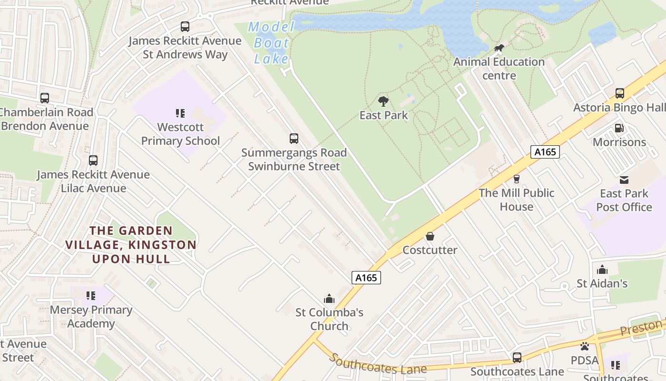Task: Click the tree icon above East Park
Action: tap(383, 101)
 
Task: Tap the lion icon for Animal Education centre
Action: tap(499, 48)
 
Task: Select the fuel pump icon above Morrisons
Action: tap(619, 128)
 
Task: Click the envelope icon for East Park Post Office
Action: tap(624, 180)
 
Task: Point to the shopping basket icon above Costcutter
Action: tap(430, 236)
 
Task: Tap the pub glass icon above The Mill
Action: tap(516, 179)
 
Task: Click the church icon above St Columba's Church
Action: tap(329, 299)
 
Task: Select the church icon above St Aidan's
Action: tap(602, 270)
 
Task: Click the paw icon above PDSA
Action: tap(585, 346)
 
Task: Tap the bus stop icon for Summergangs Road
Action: tap(294, 139)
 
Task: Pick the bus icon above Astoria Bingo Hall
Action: tap(619, 93)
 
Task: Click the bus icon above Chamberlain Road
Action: tap(45, 98)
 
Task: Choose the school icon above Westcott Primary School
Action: tap(180, 113)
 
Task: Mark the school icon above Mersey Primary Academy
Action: tap(91, 296)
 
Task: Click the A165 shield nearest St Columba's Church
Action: tap(366, 278)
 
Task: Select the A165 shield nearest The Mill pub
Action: tap(545, 152)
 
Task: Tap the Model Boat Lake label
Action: tap(271, 43)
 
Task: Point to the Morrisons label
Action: tap(619, 142)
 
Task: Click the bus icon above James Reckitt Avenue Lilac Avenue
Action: tap(93, 160)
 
